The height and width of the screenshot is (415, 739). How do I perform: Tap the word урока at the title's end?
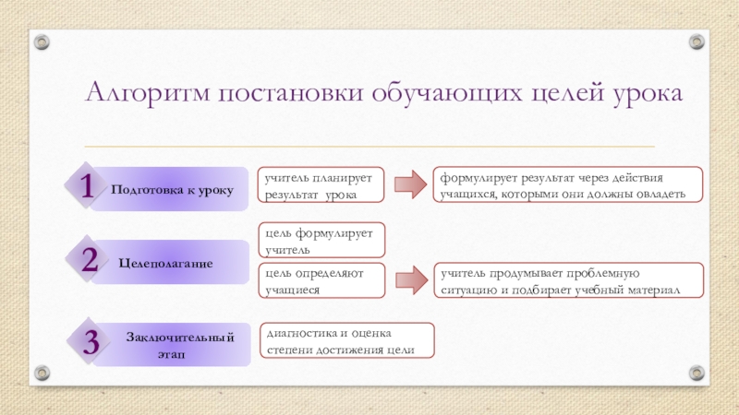click(x=646, y=94)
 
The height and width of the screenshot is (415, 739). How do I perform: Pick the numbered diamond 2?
click(x=89, y=261)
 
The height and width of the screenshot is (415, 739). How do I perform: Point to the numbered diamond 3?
click(x=91, y=342)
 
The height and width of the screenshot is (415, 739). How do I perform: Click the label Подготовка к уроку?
click(x=173, y=189)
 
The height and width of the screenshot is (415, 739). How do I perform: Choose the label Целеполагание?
click(x=166, y=264)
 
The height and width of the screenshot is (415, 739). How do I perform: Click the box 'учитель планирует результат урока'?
click(x=321, y=185)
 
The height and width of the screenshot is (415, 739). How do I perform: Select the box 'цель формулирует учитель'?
click(x=321, y=241)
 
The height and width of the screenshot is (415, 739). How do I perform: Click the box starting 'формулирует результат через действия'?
click(x=569, y=185)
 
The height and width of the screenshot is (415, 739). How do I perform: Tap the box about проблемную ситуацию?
click(x=569, y=281)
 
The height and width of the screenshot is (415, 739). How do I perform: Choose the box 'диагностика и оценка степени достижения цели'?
click(x=346, y=340)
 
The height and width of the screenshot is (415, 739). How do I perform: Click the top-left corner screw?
click(x=42, y=41)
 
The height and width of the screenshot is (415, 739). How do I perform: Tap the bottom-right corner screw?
click(x=697, y=373)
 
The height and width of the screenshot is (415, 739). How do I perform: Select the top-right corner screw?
click(x=697, y=41)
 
